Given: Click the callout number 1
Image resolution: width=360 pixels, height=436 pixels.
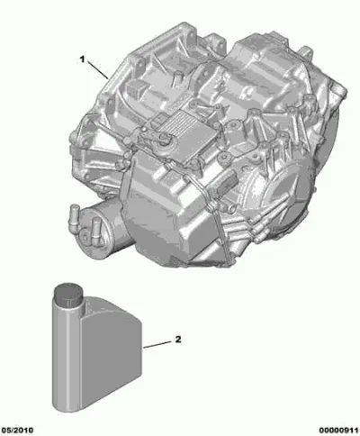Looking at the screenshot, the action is (x=83, y=59).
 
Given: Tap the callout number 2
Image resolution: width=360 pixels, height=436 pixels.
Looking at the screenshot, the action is (x=178, y=340).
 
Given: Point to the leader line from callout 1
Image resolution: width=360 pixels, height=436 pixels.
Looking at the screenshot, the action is (x=98, y=70).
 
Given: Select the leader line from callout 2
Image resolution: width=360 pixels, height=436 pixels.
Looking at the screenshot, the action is (x=157, y=345).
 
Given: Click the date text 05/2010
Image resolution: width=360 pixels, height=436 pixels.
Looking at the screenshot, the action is (x=17, y=431).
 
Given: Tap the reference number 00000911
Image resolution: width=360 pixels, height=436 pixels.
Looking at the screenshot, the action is (x=338, y=431).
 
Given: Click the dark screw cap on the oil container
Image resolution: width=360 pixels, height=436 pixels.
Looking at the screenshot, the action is (x=67, y=292).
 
